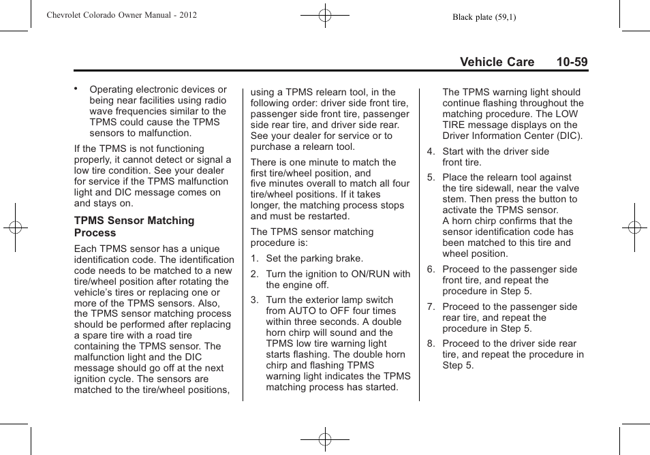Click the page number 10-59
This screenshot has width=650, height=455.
click(571, 62)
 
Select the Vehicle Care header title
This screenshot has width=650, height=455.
click(497, 62)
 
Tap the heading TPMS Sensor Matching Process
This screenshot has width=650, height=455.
click(134, 226)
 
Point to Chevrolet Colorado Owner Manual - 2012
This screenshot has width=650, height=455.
click(122, 15)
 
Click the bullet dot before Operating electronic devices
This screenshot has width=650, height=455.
click(77, 89)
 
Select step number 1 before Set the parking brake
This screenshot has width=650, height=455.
click(254, 258)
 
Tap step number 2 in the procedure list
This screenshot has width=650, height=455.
click(254, 274)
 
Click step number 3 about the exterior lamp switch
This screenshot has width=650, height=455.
click(254, 300)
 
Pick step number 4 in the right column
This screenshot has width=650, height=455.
click(431, 151)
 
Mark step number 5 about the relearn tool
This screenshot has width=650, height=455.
click(431, 177)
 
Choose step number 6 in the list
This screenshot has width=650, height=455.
click(431, 269)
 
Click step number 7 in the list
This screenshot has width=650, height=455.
click(431, 307)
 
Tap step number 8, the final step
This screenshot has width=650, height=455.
click(431, 343)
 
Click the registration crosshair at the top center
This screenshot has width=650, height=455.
click(325, 14)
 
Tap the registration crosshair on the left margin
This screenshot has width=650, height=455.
click(14, 227)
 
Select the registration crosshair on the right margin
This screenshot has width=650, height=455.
click(634, 227)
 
